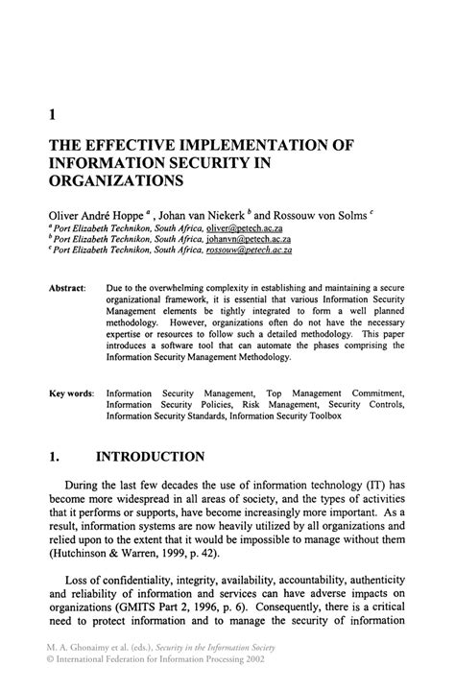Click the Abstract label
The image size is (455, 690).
[x=67, y=287]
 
